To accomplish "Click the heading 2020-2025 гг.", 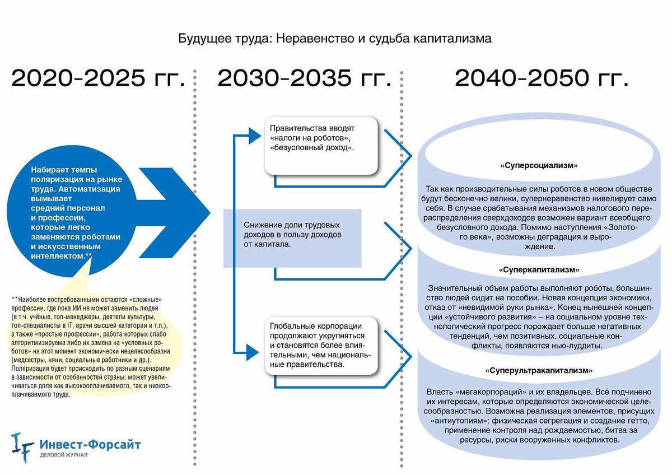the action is pos(98,78).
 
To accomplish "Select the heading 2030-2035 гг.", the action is pos(304,78).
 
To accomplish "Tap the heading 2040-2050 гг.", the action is pos(542,78).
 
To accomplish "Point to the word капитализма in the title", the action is pos(452,39).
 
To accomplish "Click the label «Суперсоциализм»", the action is pos(539,165).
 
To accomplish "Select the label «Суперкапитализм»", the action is pos(539,270).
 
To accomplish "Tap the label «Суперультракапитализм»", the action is pos(539,371).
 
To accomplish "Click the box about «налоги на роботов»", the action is pos(321,146).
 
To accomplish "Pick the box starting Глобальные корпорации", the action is pos(321,346).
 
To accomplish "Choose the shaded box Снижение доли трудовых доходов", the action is pos(292,238).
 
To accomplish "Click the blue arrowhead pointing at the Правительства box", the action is pos(255,136).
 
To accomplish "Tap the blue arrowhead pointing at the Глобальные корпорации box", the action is pos(253,352).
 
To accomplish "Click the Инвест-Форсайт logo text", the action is pos(90,444).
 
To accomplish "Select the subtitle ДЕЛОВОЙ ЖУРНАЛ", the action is pos(64,455).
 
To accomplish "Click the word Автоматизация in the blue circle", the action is pos(89,189).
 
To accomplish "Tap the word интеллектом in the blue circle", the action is pos(57,256).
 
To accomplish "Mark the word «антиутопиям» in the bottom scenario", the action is pos(460,421).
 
